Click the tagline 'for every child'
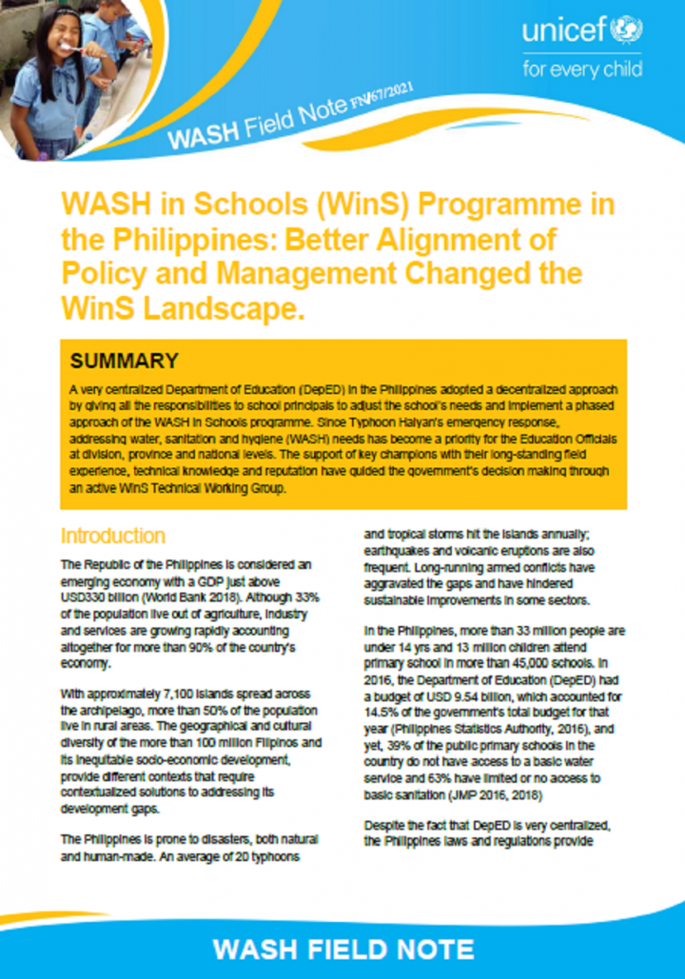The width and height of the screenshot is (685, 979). pyautogui.click(x=582, y=69)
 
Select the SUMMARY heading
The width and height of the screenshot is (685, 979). pyautogui.click(x=124, y=361)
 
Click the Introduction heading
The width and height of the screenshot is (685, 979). pyautogui.click(x=112, y=536)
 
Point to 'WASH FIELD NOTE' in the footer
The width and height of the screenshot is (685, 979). pyautogui.click(x=342, y=949)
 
